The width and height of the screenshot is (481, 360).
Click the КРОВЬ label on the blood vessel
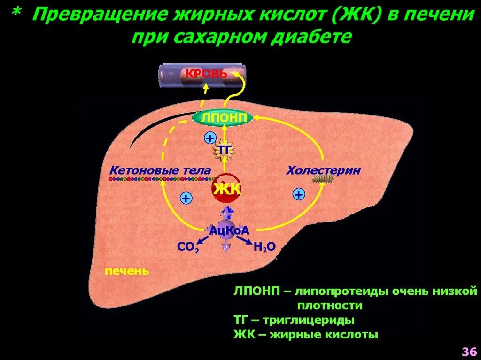pyautogui.click(x=206, y=74)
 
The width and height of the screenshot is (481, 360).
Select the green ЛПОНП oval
pyautogui.click(x=223, y=118)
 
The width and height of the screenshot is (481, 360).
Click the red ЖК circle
pyautogui.click(x=227, y=188)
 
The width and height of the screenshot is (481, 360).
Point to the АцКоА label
pyautogui.click(x=229, y=230)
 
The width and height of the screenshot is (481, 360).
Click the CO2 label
pyautogui.click(x=188, y=247)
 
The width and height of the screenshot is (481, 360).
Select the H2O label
pyautogui.click(x=264, y=247)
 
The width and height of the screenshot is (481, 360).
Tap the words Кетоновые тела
pyautogui.click(x=160, y=170)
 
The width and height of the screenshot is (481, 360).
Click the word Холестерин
pyautogui.click(x=324, y=170)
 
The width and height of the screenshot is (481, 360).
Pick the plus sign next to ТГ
pyautogui.click(x=210, y=138)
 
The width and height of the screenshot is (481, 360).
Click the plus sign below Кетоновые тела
pyautogui.click(x=186, y=198)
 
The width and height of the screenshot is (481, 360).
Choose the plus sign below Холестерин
pyautogui.click(x=299, y=194)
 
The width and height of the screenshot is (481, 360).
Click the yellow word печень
pyautogui.click(x=127, y=271)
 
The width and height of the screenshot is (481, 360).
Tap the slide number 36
pyautogui.click(x=469, y=351)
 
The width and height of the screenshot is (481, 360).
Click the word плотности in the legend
pyautogui.click(x=330, y=306)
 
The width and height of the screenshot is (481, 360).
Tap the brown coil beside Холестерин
pyautogui.click(x=323, y=179)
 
